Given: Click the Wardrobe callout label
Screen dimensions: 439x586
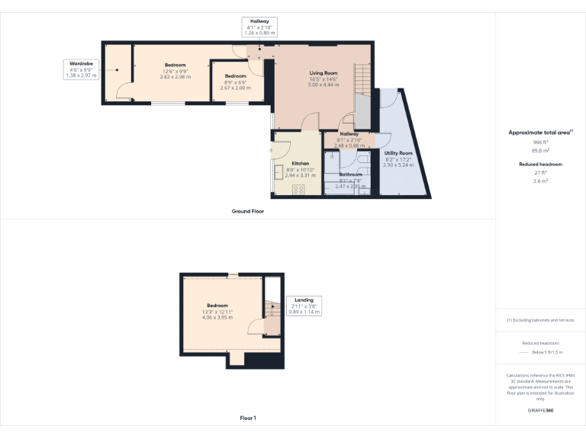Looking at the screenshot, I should click(x=82, y=69).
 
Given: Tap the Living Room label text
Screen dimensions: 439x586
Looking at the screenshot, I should click(x=324, y=74).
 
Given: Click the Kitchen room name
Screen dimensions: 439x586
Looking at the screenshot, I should click(x=300, y=164).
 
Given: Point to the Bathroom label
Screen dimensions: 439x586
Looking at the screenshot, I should click(x=351, y=175).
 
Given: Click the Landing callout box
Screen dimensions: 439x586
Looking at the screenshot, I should click(x=304, y=306).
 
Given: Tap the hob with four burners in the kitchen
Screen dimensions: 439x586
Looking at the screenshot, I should click(x=298, y=189).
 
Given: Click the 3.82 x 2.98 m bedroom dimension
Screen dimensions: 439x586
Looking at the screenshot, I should click(x=175, y=77).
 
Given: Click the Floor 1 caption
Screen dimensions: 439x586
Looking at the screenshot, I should click(x=247, y=418).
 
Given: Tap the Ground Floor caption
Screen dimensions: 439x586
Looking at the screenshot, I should click(x=247, y=211).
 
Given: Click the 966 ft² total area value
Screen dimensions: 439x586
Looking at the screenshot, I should click(x=540, y=143).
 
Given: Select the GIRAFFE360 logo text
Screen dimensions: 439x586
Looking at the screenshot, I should click(x=540, y=410).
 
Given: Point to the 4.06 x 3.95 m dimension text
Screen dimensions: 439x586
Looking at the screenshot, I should click(x=217, y=317).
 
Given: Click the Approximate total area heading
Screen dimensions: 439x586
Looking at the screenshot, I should click(x=540, y=133).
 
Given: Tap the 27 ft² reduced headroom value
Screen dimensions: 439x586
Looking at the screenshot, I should click(x=540, y=173).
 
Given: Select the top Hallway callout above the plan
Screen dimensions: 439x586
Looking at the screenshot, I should click(x=259, y=27).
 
